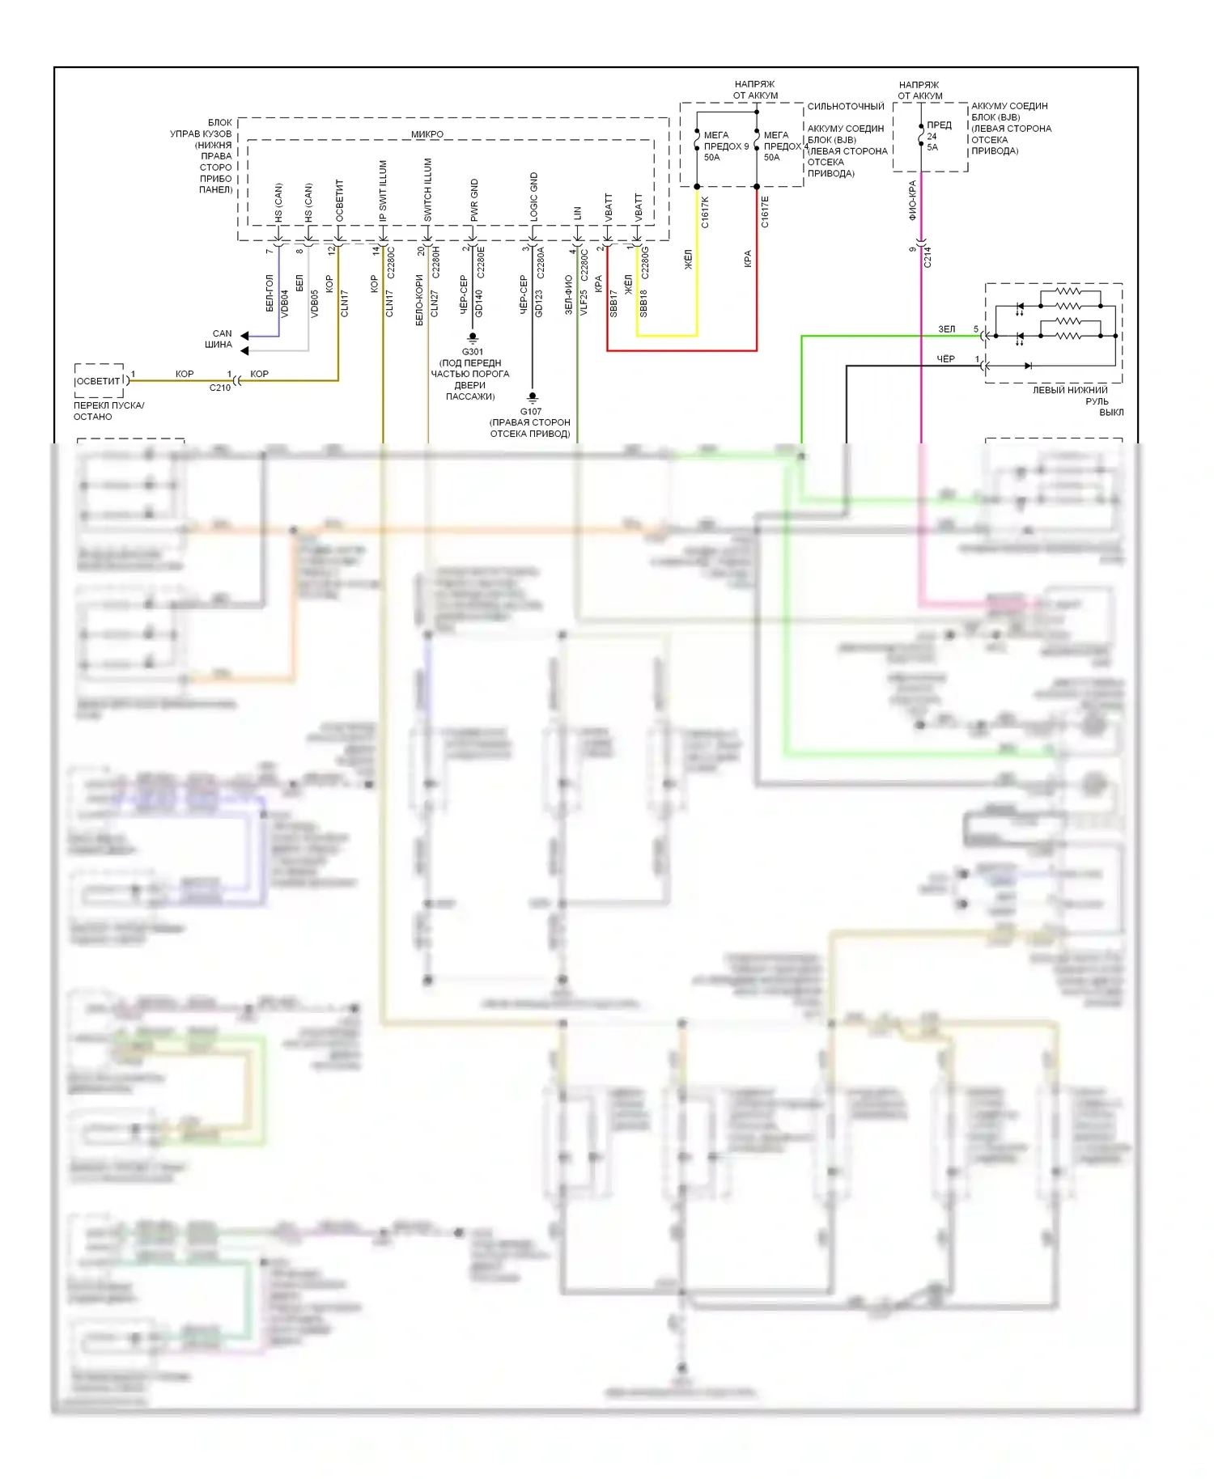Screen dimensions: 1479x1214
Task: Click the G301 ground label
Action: pyautogui.click(x=473, y=352)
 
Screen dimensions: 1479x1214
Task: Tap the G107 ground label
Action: pyautogui.click(x=531, y=411)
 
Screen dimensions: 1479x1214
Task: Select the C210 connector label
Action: pyautogui.click(x=220, y=388)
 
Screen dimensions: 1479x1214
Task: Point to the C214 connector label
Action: pyautogui.click(x=927, y=256)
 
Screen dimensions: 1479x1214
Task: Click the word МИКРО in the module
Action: pyautogui.click(x=427, y=134)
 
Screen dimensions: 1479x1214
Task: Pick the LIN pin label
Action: pyautogui.click(x=578, y=214)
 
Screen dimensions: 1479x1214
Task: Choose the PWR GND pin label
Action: pyautogui.click(x=474, y=200)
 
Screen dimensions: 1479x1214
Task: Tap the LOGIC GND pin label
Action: pyautogui.click(x=534, y=197)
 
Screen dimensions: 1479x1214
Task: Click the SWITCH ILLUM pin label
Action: pyautogui.click(x=428, y=189)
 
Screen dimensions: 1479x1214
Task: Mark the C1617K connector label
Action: pyautogui.click(x=705, y=211)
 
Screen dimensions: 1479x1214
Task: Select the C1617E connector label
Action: pyautogui.click(x=765, y=211)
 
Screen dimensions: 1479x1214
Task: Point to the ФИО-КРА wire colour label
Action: pyautogui.click(x=913, y=200)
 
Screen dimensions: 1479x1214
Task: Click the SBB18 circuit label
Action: pyautogui.click(x=644, y=303)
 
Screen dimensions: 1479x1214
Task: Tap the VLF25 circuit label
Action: pyautogui.click(x=584, y=303)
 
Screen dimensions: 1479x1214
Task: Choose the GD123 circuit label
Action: pyautogui.click(x=539, y=303)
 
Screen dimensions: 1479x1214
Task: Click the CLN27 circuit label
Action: pyautogui.click(x=435, y=303)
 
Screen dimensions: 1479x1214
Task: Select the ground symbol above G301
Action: pyautogui.click(x=473, y=337)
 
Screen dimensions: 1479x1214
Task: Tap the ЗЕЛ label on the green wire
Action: pyautogui.click(x=946, y=329)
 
